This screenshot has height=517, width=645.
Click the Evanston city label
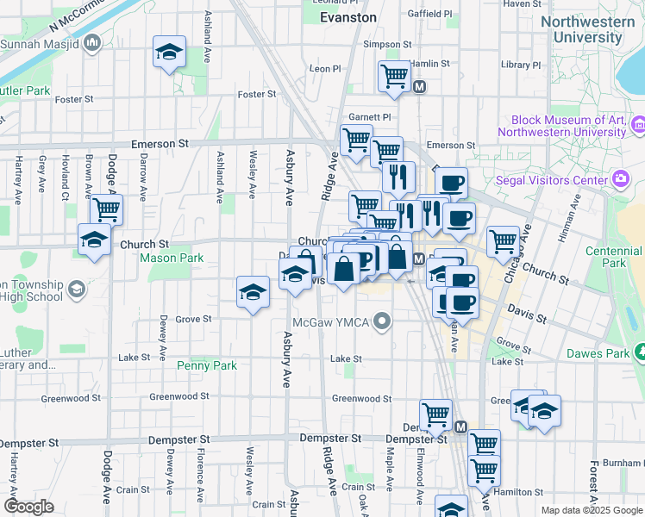tap(348, 17)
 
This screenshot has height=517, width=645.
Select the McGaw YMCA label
tap(332, 323)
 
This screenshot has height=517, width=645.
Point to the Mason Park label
tap(172, 258)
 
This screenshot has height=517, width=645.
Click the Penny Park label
tap(207, 366)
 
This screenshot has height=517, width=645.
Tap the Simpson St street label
tap(382, 44)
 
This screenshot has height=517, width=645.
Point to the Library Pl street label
tap(519, 65)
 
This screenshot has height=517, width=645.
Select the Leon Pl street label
tap(326, 68)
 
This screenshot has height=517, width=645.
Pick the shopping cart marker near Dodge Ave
tap(106, 209)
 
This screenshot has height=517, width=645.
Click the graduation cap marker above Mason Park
tap(94, 239)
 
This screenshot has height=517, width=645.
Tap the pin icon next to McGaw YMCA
tap(384, 323)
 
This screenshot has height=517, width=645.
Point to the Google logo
tap(28, 507)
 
